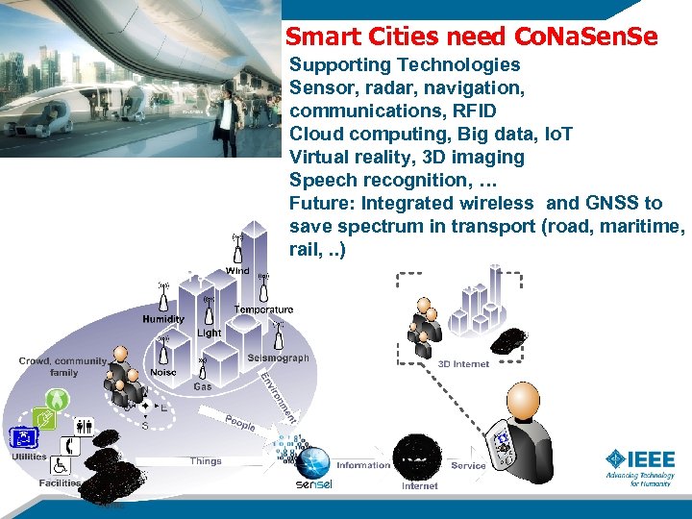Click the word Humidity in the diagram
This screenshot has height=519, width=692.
pyautogui.click(x=163, y=319)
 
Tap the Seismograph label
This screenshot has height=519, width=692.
pyautogui.click(x=278, y=358)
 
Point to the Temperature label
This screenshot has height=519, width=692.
pyautogui.click(x=263, y=309)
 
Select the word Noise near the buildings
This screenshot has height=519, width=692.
pyautogui.click(x=163, y=373)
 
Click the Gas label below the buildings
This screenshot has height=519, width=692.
pyautogui.click(x=203, y=386)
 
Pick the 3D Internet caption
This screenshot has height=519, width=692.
pyautogui.click(x=463, y=364)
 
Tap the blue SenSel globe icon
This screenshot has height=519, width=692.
pyautogui.click(x=312, y=463)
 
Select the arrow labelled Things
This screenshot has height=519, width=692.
pyautogui.click(x=206, y=461)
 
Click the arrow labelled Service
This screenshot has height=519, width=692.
pyautogui.click(x=468, y=465)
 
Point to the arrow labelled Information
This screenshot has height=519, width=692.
pyautogui.click(x=362, y=465)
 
